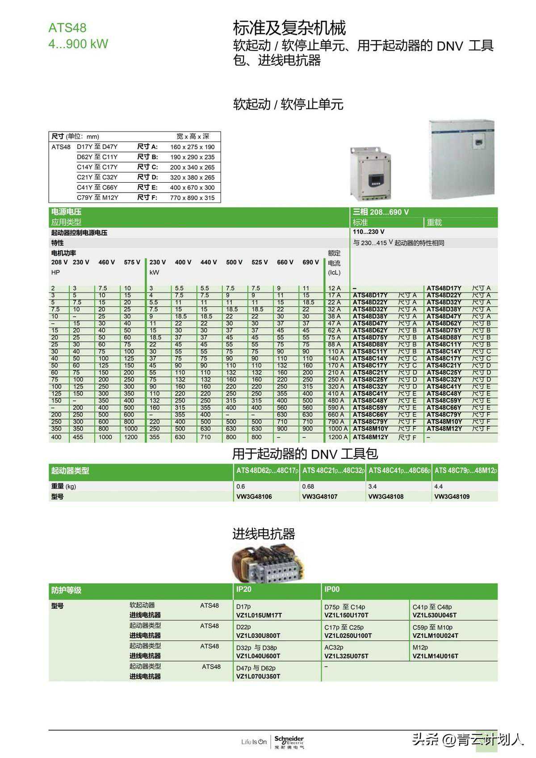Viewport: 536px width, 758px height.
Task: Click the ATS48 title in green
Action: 67,28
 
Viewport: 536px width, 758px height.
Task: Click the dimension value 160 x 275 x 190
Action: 192,147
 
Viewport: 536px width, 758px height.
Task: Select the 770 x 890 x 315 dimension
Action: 192,198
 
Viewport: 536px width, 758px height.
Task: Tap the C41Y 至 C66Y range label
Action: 97,188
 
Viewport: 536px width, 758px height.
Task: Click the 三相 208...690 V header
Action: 381,212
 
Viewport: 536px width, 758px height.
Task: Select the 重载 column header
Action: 434,222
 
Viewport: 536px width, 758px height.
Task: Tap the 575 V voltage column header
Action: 132,262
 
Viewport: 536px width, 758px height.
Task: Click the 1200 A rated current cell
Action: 338,437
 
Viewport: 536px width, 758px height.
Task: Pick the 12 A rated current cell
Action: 334,289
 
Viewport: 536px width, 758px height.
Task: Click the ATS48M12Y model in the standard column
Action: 370,437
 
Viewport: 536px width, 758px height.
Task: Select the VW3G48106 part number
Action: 254,497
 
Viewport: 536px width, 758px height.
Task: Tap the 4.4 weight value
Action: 438,486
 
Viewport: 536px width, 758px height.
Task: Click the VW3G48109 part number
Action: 452,497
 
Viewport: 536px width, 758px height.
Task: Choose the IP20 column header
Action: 244,590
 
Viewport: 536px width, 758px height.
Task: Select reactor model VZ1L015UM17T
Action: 259,616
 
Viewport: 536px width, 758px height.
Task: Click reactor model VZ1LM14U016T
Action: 435,656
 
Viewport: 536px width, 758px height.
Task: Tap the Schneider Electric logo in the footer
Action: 289,741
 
